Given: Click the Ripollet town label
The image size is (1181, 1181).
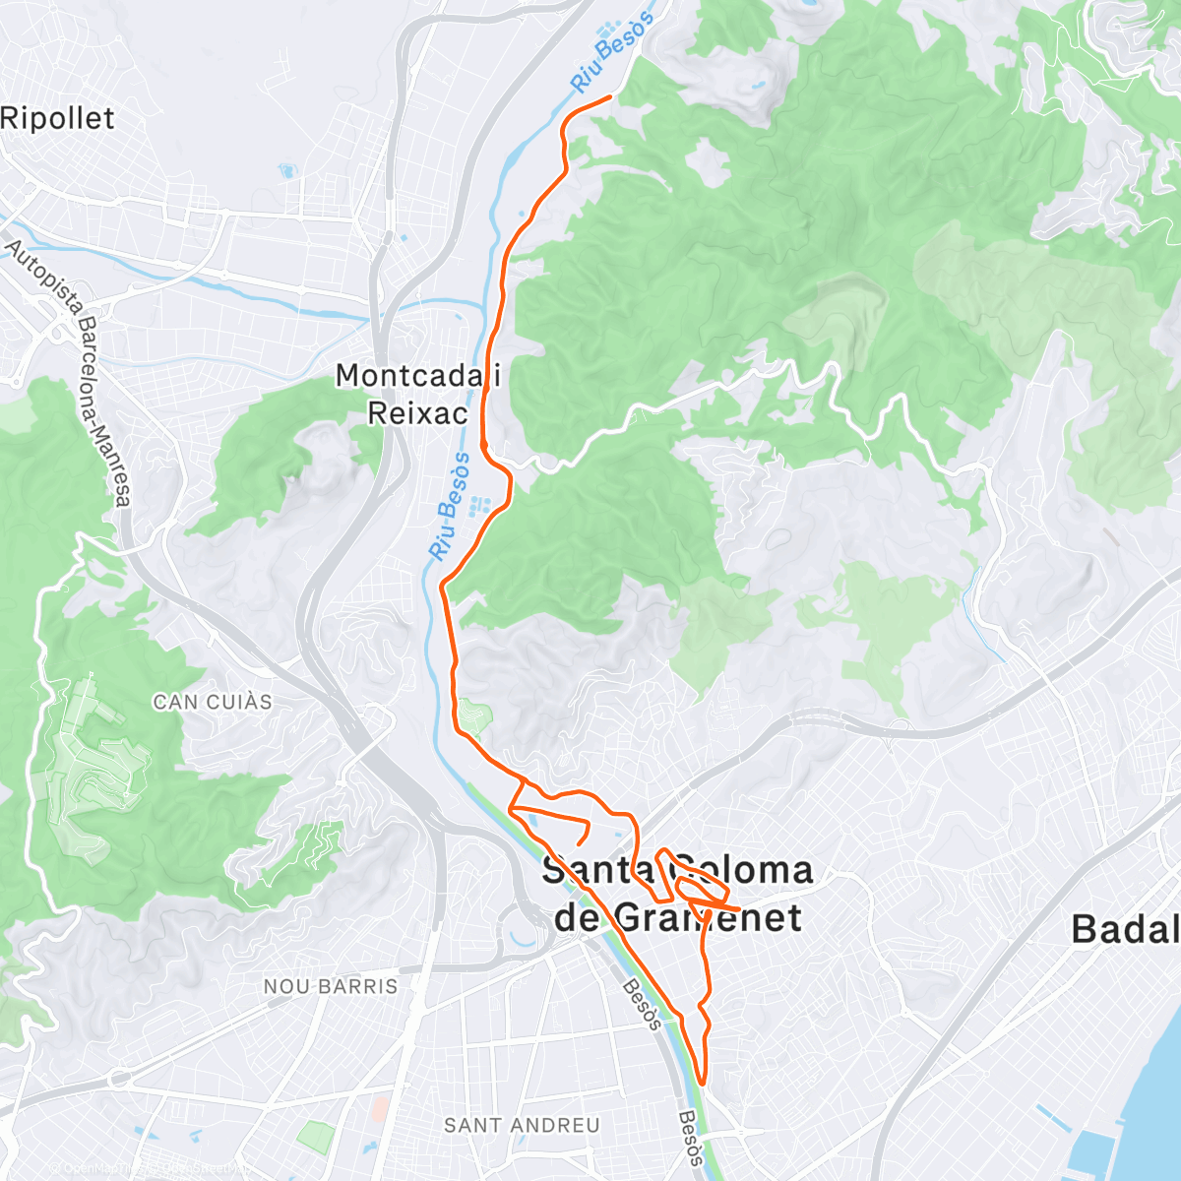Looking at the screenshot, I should coord(57,119).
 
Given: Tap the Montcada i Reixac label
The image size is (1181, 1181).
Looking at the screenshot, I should coord(417,394).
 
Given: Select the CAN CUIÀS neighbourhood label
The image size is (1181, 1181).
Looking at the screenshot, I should coord(213,702).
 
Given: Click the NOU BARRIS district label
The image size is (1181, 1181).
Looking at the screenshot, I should coord(331,986).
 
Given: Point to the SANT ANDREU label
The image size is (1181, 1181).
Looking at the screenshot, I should coord(522,1125).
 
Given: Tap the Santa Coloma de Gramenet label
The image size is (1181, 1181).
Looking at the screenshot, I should coord(678,894).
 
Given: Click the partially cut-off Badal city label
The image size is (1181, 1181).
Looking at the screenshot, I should coord(1125,928).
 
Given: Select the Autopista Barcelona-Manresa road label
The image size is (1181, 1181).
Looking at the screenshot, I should coord(69,374).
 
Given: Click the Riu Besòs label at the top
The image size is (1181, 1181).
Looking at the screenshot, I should coord(612,52).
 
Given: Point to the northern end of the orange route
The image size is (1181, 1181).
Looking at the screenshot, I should coord(610,95).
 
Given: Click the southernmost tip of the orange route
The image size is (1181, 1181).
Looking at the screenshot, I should coord(702,1083).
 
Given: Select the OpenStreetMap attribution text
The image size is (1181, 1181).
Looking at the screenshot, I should coord(148,1168).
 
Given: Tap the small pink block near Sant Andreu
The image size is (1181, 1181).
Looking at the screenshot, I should coord(380,1109).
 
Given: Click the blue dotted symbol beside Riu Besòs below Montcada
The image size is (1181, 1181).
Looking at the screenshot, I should coord(480,506).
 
